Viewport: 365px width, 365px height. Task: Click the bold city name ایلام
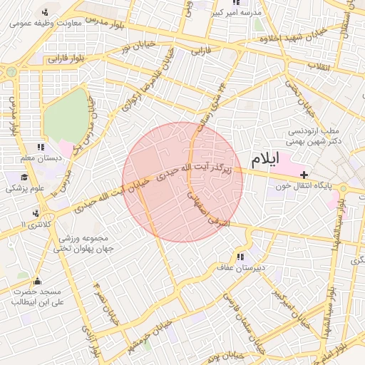coord(264,160)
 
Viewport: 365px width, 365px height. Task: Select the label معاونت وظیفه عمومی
coord(46,22)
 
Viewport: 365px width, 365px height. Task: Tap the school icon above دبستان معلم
coord(49,147)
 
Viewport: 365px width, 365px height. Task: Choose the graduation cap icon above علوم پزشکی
coord(24,178)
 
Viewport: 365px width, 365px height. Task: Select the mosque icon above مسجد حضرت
coord(37,280)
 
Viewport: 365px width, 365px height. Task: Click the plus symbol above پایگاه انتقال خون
coord(304,175)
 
